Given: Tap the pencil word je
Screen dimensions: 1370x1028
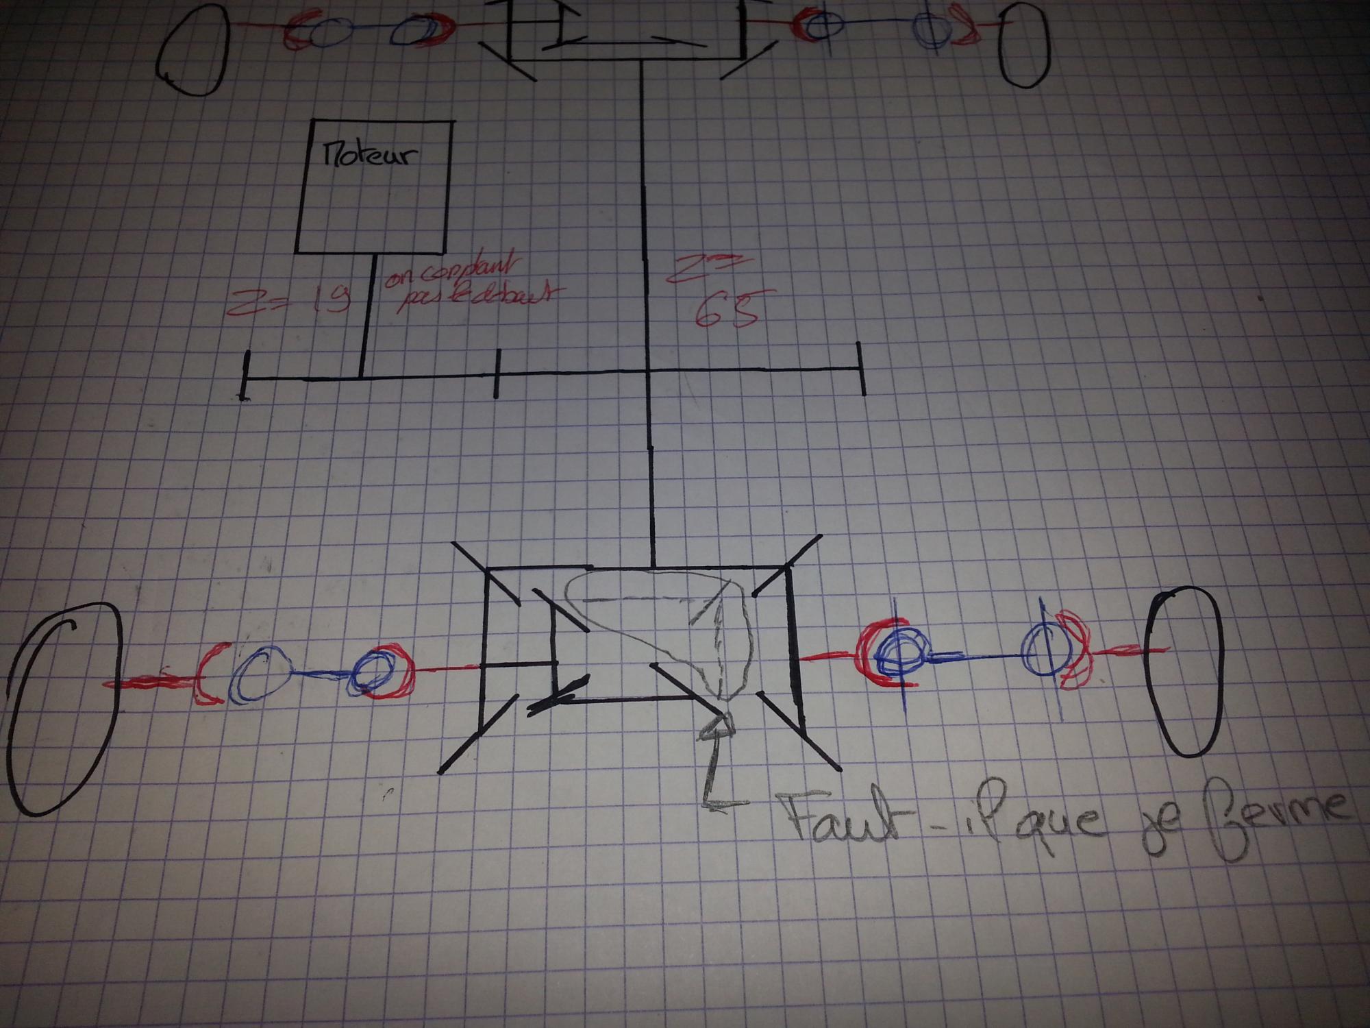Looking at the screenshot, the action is (1157, 833).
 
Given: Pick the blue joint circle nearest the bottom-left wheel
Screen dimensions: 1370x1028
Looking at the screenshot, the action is (257, 676).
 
